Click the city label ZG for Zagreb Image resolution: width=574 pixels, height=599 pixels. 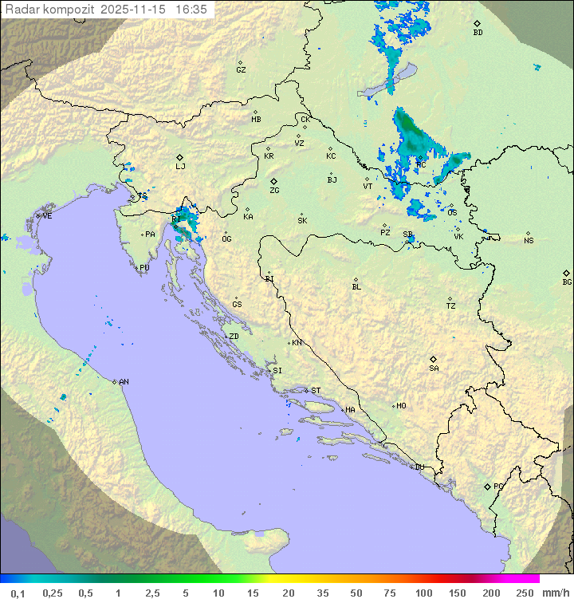[274, 191]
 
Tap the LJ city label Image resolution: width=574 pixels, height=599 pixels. [180, 167]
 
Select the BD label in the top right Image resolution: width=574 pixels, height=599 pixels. [478, 33]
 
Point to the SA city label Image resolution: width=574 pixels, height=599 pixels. [434, 368]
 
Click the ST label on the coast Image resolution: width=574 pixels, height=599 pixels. [316, 391]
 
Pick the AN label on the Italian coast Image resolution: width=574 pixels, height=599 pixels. [124, 382]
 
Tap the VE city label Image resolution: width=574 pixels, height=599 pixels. [47, 216]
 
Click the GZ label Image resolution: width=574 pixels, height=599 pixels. [241, 70]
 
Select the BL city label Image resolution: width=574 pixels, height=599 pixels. [356, 287]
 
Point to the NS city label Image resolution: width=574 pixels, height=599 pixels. [529, 241]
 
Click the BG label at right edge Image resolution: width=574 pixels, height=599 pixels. [567, 282]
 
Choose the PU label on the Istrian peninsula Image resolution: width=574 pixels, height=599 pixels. [144, 268]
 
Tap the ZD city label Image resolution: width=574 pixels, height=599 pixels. [234, 337]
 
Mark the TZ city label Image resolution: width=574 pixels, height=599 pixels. [451, 306]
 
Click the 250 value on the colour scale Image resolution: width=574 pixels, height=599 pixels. [525, 593]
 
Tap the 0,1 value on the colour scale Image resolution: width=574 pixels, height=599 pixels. [18, 593]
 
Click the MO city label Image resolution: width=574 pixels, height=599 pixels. [401, 406]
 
